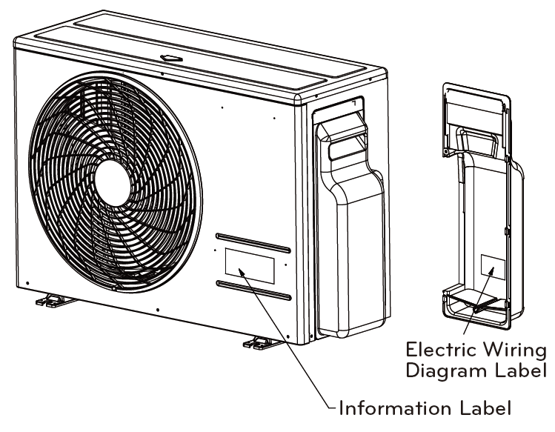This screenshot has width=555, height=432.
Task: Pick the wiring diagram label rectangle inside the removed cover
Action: click(492, 267)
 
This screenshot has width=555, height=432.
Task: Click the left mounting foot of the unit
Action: click(50, 299)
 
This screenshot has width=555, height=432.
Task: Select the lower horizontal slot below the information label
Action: click(253, 290)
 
